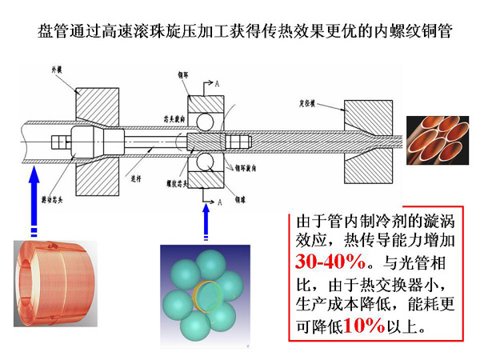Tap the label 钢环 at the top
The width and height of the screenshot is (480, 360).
(183, 74)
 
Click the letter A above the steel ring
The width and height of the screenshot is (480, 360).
(217, 83)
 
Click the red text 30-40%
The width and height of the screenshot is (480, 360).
(330, 262)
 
